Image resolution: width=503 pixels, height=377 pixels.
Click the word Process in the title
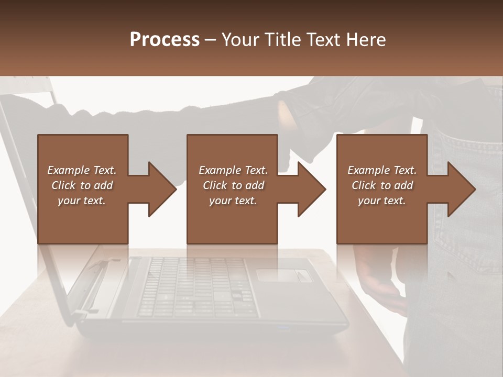pos(165,40)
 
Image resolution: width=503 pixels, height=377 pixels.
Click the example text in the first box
pos(82,185)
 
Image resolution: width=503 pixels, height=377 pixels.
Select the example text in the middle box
pos(233,185)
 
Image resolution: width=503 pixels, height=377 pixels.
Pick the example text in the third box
pos(382,185)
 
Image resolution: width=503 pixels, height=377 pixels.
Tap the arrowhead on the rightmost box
pos(461,189)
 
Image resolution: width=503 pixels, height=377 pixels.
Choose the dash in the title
pos(211,40)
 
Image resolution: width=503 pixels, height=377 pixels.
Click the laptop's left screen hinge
pos(97,267)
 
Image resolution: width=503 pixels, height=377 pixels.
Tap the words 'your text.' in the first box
pos(82,201)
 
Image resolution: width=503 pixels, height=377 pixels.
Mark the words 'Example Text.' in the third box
pos(382,170)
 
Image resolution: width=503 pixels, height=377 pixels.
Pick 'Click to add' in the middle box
pos(233,185)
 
